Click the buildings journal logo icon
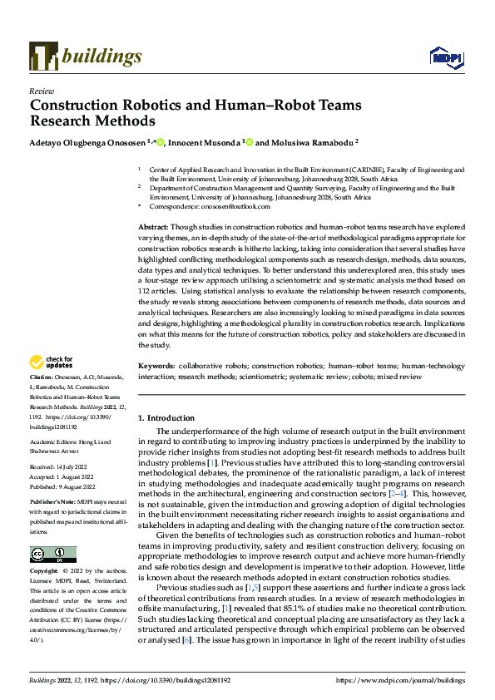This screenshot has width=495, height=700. (42, 57)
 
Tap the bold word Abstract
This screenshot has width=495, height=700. (154, 227)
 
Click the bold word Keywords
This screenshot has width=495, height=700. (156, 366)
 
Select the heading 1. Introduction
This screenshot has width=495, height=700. (166, 418)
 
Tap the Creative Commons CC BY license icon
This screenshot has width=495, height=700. (52, 554)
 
